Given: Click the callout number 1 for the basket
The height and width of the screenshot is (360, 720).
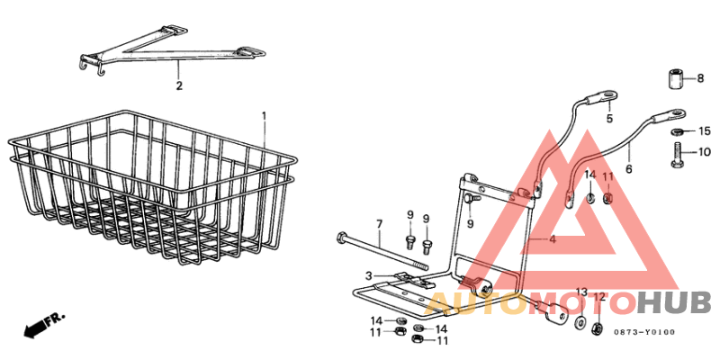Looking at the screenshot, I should pyautogui.click(x=264, y=116).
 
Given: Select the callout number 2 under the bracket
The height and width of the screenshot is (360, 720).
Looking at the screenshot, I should pyautogui.click(x=179, y=86).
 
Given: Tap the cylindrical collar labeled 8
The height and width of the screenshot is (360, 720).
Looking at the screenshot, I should pyautogui.click(x=675, y=78).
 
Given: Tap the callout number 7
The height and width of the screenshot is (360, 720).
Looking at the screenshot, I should pyautogui.click(x=379, y=223).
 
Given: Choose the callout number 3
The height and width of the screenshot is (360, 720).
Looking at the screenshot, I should pyautogui.click(x=368, y=274).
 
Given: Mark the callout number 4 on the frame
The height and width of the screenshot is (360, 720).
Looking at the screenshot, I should pyautogui.click(x=553, y=239).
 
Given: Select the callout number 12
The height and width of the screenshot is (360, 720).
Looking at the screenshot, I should pyautogui.click(x=599, y=297).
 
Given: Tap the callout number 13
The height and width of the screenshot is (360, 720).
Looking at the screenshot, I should pyautogui.click(x=580, y=292).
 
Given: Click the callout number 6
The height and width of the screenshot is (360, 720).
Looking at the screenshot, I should pyautogui.click(x=628, y=168).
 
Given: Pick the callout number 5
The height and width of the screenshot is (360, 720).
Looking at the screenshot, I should pyautogui.click(x=608, y=119).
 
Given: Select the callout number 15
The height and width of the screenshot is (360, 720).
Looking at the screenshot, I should pyautogui.click(x=705, y=131).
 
